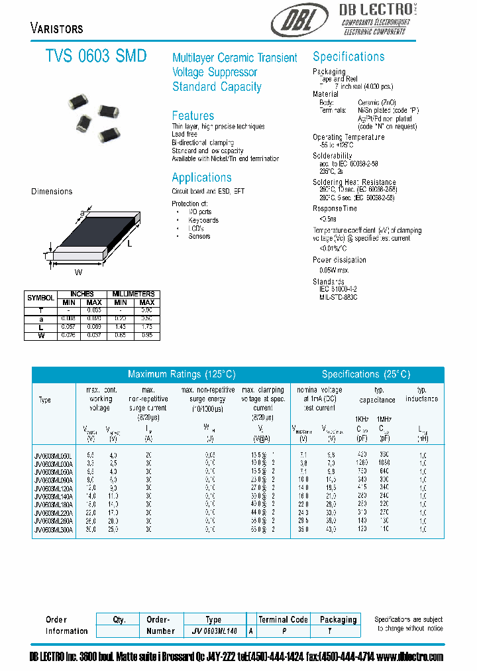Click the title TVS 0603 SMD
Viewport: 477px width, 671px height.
pos(96,56)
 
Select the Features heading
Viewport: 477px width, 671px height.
pos(193,115)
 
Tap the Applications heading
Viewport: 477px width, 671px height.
pos(201,178)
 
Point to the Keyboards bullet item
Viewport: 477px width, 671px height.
pos(203,220)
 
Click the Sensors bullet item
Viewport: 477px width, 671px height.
pos(199,236)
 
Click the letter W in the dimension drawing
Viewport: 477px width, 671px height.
pos(78,271)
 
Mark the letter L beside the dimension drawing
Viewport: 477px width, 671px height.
pos(129,245)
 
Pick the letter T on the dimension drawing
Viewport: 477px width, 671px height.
pos(45,255)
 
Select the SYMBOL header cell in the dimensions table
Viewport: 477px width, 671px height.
pos(40,298)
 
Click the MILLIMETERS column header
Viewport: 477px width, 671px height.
pos(133,294)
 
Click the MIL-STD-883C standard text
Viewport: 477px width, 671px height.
pos(338,298)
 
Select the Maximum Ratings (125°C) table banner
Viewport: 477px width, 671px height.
pos(181,374)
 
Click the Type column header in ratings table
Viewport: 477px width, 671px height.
pos(44,400)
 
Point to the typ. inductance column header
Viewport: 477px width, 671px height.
pos(422,395)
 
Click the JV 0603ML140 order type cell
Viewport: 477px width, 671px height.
pos(213,632)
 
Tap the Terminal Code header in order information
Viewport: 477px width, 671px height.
pos(283,619)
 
